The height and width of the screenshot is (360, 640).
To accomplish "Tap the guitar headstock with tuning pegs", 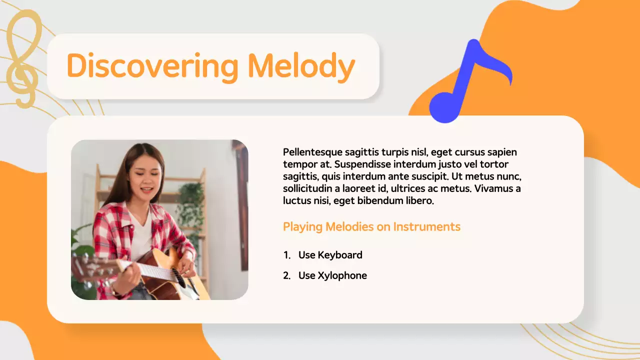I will click(85, 267).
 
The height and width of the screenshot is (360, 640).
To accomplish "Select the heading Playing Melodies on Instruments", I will click(371, 226).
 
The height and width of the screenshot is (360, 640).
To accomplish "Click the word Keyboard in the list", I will click(340, 255).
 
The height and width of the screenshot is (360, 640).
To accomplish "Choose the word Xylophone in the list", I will click(342, 275).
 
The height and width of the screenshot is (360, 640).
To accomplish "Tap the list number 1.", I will click(286, 255).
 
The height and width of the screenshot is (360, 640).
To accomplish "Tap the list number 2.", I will click(286, 275).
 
